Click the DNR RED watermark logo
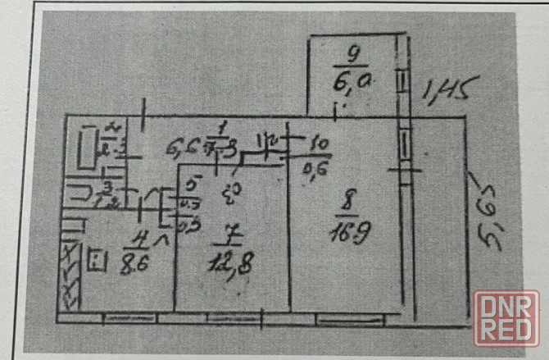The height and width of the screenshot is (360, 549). [506, 317]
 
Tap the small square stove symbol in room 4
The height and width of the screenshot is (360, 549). [98, 262]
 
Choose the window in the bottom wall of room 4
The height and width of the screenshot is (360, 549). [123, 315]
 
